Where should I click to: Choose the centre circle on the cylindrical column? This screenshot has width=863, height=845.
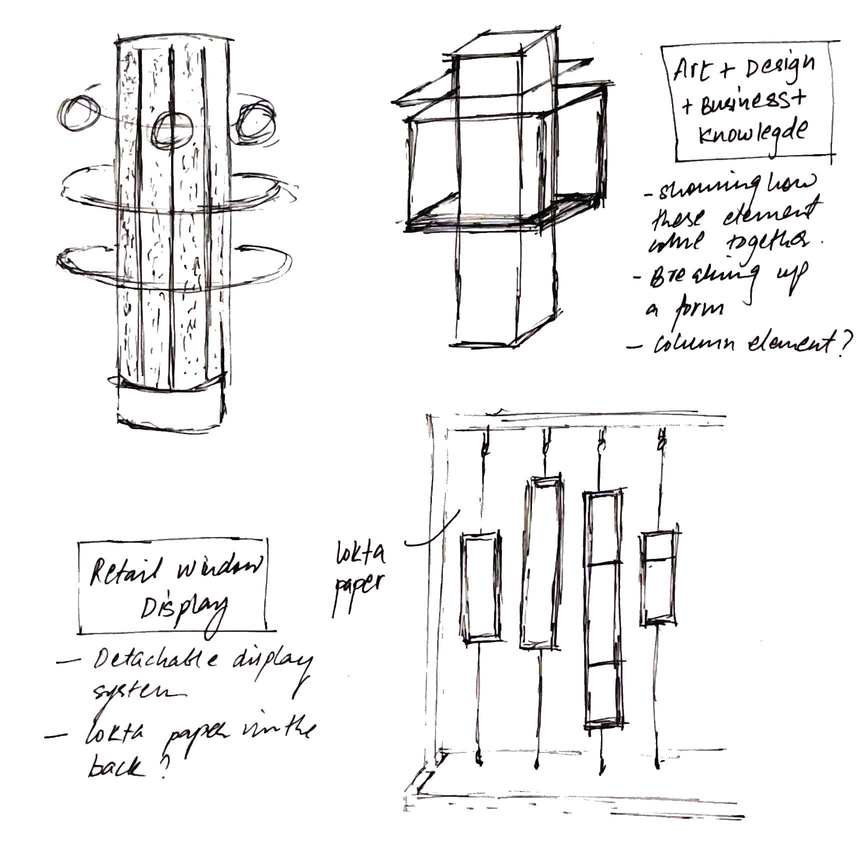(x=173, y=129)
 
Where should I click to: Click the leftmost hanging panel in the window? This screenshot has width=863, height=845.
(x=479, y=588)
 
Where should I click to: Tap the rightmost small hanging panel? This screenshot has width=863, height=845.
(x=659, y=578)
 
